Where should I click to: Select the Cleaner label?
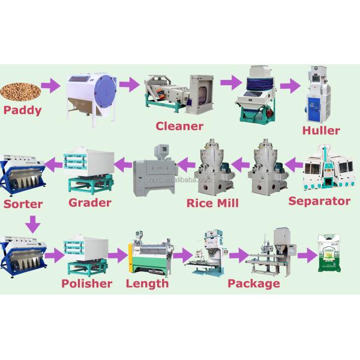(179, 126)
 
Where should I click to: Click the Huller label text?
(321, 130)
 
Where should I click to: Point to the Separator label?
(319, 200)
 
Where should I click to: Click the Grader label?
(90, 202)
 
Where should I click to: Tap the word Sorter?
(23, 204)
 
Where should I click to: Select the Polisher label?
(87, 283)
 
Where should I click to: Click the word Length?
(147, 283)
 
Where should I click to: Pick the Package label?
(254, 283)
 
